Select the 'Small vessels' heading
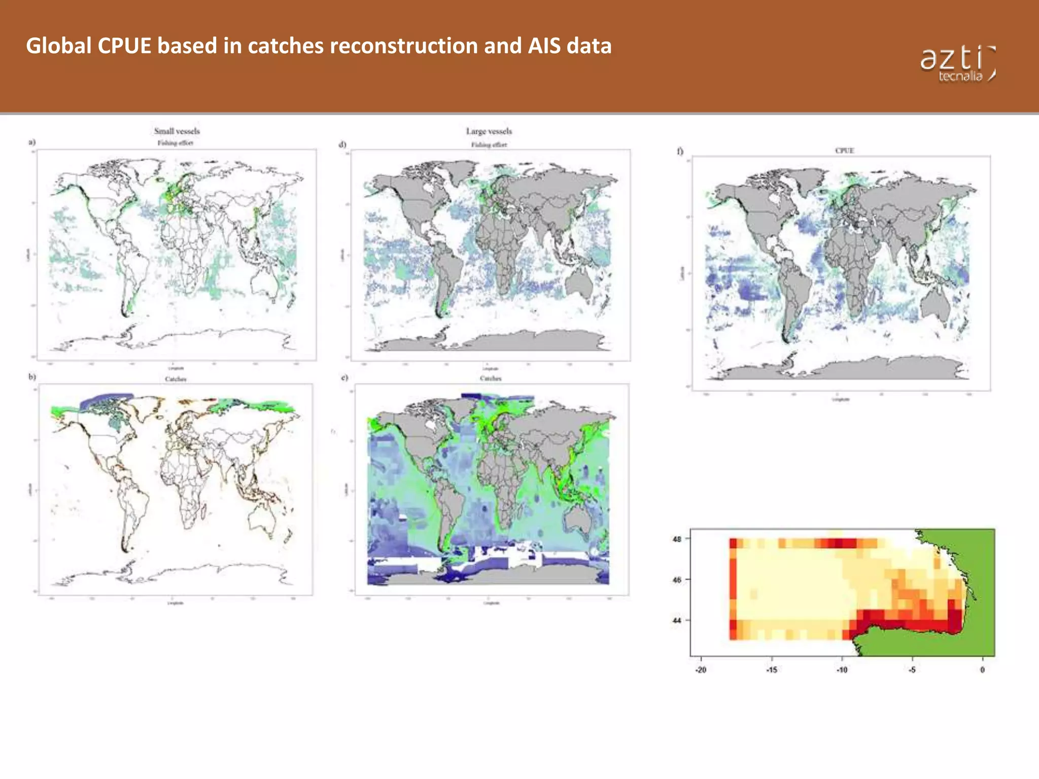[x=177, y=131]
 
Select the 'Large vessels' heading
[x=489, y=131]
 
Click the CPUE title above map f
[x=845, y=151]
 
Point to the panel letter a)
[x=32, y=142]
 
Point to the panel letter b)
[x=32, y=377]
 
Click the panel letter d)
[x=342, y=145]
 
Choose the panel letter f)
[x=680, y=151]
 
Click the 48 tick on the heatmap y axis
[x=677, y=539]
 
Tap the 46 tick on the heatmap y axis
[x=677, y=580]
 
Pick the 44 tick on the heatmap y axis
[x=677, y=620]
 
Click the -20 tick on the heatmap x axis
[x=701, y=670]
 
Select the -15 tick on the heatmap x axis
[x=772, y=670]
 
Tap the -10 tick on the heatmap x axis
[x=842, y=670]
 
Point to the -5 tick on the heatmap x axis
[x=912, y=670]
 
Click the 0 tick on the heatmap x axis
[x=983, y=670]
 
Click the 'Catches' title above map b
[x=176, y=379]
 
